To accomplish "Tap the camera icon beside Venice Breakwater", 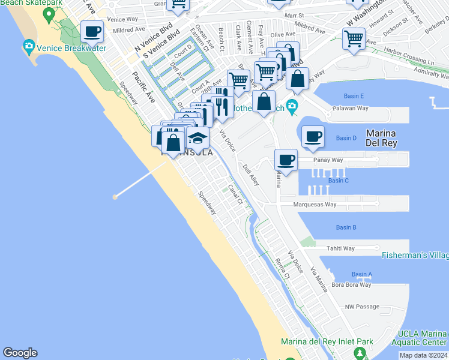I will [28, 46].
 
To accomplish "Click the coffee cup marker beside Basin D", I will [313, 136].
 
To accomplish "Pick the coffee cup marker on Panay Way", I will [286, 160].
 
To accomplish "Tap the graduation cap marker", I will [197, 138].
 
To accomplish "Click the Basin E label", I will [354, 96].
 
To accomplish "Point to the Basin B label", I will [346, 227].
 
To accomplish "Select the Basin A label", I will [362, 274].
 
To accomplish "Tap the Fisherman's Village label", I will [415, 256].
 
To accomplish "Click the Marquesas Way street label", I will [315, 205].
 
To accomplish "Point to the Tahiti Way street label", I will [340, 248].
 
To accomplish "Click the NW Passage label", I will [362, 307].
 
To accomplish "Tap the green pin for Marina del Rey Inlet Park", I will [360, 353].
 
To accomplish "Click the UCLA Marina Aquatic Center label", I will [423, 338].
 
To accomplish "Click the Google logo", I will [20, 353].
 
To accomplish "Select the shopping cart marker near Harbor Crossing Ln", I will [354, 39].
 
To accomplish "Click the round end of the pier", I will [115, 196].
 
